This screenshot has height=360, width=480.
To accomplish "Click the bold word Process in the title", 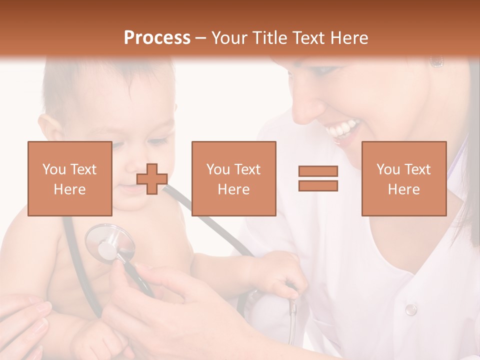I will (157, 38).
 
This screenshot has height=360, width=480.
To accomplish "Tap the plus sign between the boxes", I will (152, 178).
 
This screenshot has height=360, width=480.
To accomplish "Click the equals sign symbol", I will (318, 178).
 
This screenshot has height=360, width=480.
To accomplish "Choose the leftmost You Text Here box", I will (70, 178).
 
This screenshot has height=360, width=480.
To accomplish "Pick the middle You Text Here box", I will (234, 178).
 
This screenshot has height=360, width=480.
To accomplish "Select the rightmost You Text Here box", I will (404, 178).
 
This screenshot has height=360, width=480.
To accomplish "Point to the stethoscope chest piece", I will (109, 243).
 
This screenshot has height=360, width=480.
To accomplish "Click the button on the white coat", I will (410, 309).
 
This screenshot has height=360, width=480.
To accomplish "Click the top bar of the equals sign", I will (318, 171).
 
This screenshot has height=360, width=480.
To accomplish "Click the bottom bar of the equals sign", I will (318, 185).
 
